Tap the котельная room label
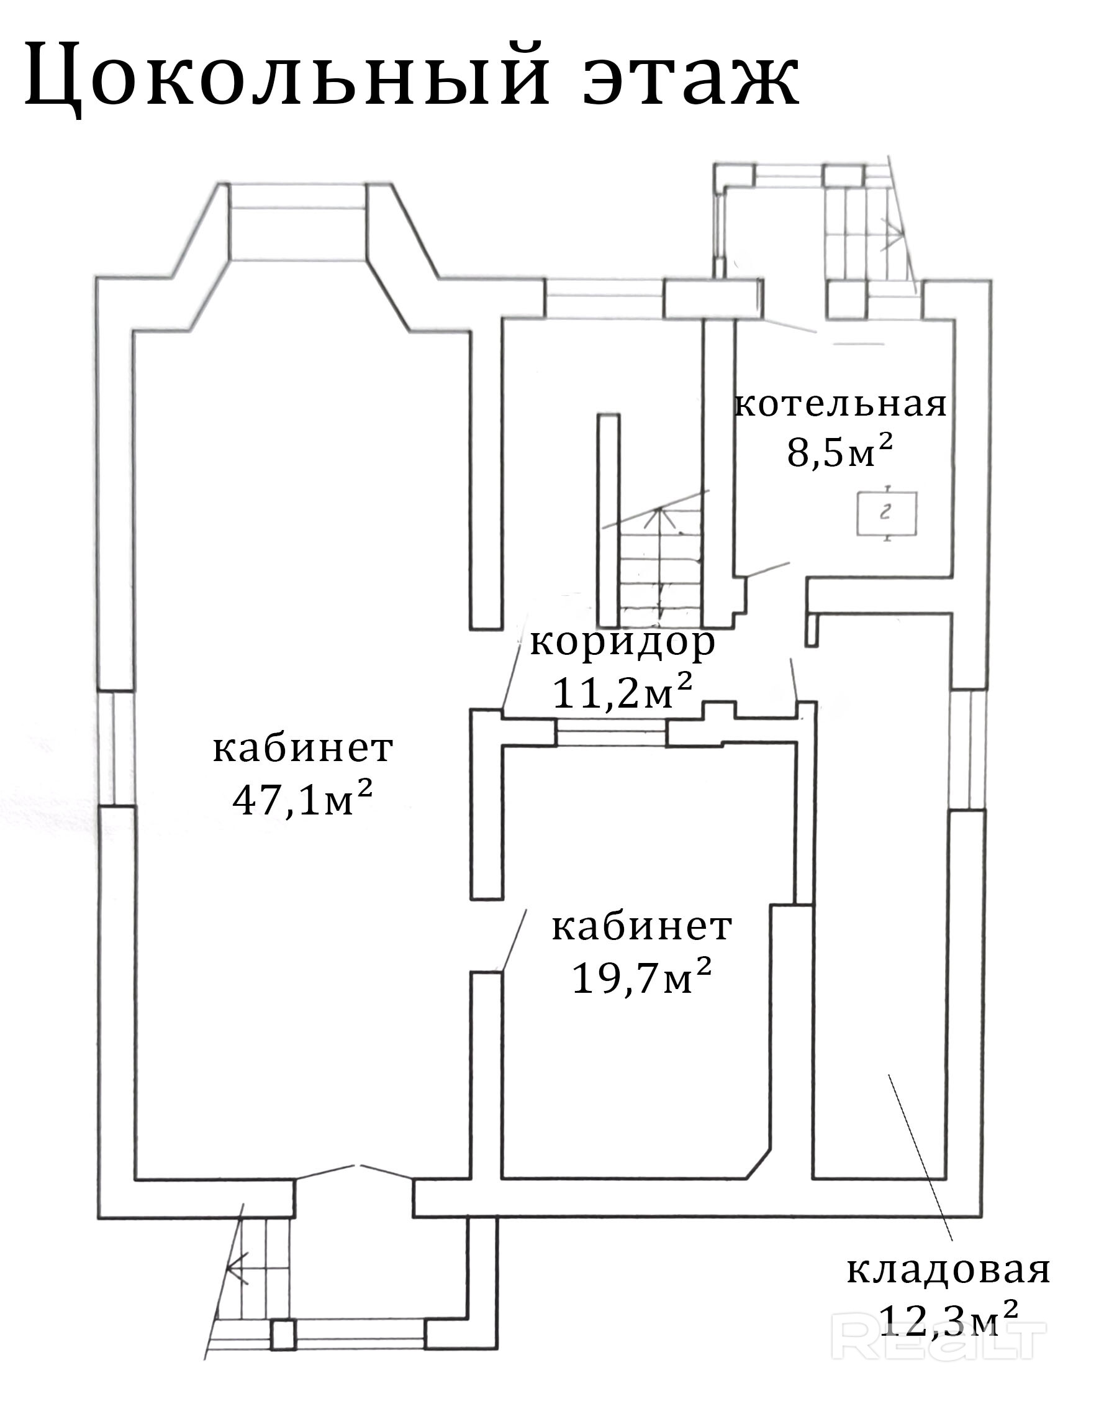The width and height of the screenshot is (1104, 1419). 839,405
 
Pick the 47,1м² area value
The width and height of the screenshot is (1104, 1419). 302,800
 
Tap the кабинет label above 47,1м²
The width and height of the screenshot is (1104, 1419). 302,749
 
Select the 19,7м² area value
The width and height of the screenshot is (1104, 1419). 641,977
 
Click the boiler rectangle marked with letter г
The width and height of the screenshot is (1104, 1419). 887,513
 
